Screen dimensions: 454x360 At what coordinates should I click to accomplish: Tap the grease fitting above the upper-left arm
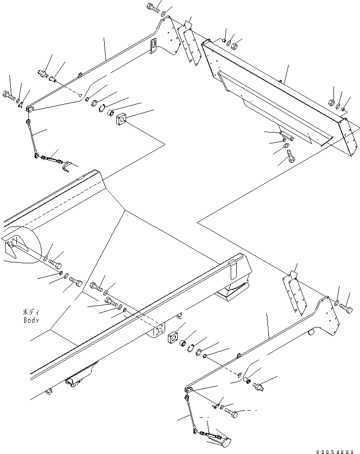coord(43,74)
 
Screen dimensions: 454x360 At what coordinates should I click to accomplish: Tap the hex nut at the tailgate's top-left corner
coord(235,46)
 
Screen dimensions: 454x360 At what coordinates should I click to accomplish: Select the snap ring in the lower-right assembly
coord(191,347)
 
